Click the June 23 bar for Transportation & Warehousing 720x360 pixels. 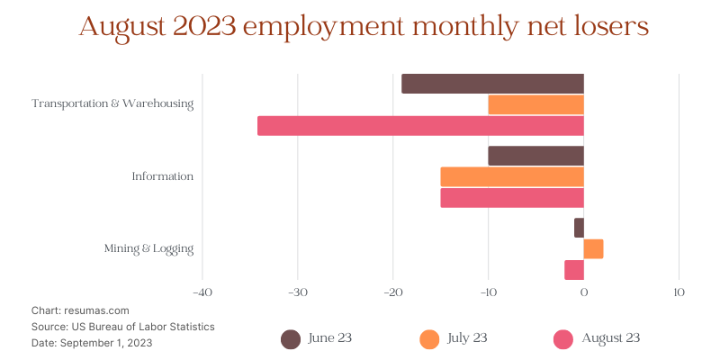point(492,84)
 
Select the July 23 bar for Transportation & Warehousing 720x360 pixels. point(535,104)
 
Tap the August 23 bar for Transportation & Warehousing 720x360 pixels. point(420,126)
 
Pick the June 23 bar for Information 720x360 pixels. point(535,156)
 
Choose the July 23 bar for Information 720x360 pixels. point(512,176)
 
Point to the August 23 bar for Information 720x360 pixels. point(512,197)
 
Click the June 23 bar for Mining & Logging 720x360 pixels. point(579,228)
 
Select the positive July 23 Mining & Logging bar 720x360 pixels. point(593,248)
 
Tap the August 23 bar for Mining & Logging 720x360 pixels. point(574,270)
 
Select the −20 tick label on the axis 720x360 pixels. point(392,292)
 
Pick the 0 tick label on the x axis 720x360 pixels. point(583,292)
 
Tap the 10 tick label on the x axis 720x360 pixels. point(679,292)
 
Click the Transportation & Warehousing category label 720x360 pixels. point(112,103)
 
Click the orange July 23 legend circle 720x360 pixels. point(429,338)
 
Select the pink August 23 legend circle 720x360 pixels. point(563,338)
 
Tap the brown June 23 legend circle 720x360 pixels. point(290,338)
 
